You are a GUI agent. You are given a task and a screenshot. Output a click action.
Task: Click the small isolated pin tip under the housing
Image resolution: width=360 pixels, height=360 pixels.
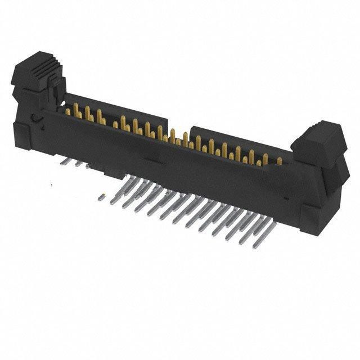tap(101, 197)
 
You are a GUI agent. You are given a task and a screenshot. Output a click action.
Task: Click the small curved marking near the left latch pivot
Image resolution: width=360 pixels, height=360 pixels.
tap(35, 118)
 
